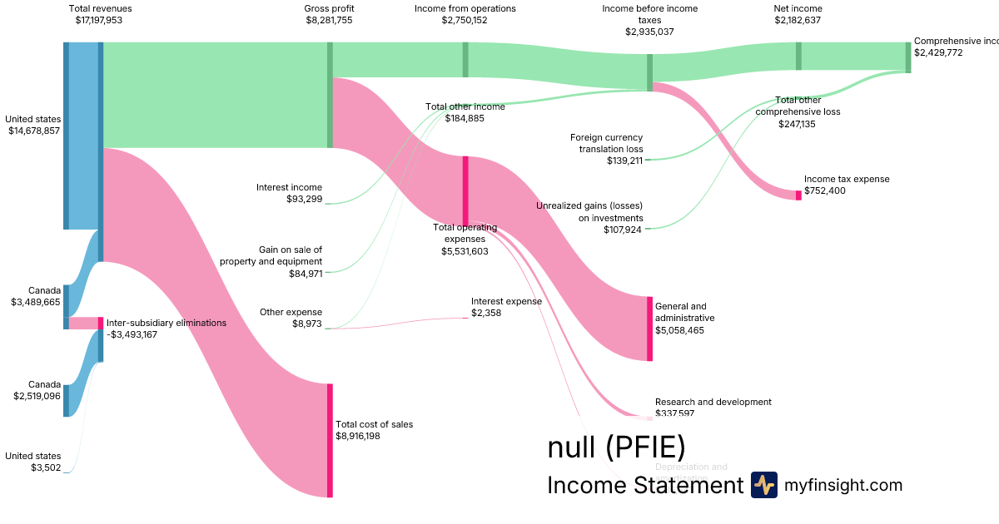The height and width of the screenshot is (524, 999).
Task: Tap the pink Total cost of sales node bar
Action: click(330, 440)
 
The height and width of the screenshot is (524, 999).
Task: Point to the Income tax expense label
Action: click(846, 179)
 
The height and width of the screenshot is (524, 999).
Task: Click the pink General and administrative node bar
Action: click(649, 329)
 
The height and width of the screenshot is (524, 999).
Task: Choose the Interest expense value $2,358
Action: click(486, 313)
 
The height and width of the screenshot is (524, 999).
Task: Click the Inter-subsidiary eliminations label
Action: click(166, 323)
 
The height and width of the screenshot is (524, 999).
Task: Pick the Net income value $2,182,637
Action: click(798, 20)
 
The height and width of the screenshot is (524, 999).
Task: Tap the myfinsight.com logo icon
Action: click(763, 485)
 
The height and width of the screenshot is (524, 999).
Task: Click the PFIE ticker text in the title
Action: click(645, 447)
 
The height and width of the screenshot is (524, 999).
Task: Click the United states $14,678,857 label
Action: click(32, 125)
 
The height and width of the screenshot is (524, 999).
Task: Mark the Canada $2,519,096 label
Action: click(37, 390)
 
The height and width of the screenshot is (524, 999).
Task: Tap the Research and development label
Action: click(713, 402)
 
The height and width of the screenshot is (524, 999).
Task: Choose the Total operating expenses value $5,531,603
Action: click(465, 250)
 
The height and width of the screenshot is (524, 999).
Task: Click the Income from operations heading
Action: click(465, 8)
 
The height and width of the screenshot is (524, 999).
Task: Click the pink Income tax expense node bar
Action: click(798, 195)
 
